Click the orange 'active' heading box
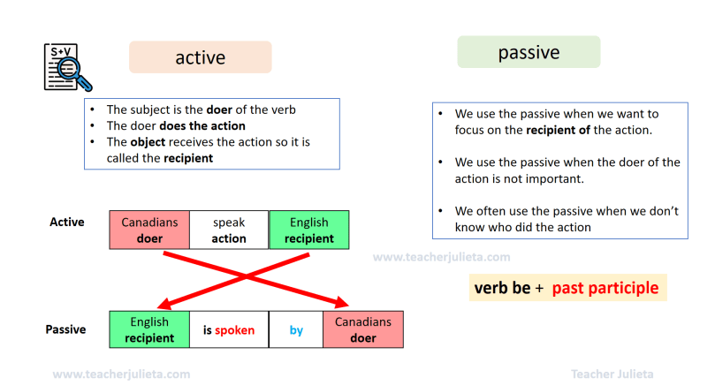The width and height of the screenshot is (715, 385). (200, 57)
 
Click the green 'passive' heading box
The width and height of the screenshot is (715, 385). (529, 52)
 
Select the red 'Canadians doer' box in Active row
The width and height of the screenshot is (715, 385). (149, 230)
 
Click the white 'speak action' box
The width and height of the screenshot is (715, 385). (229, 230)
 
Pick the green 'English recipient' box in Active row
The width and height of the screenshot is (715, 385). (308, 230)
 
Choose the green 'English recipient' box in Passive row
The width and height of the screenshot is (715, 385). (149, 330)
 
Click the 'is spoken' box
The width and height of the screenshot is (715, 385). (229, 330)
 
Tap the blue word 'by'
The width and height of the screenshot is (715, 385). (296, 330)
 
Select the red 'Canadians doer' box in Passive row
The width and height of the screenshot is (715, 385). (362, 330)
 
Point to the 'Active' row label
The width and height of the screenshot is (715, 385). (67, 222)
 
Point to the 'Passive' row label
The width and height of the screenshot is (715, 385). (65, 329)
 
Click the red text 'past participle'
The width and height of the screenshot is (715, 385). (605, 288)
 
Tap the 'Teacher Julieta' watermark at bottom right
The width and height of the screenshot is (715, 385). (612, 374)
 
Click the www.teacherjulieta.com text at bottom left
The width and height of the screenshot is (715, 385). (121, 374)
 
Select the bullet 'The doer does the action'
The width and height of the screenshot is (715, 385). (176, 125)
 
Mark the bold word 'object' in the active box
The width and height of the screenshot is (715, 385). (147, 141)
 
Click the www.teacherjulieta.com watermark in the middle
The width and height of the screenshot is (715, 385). (441, 257)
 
